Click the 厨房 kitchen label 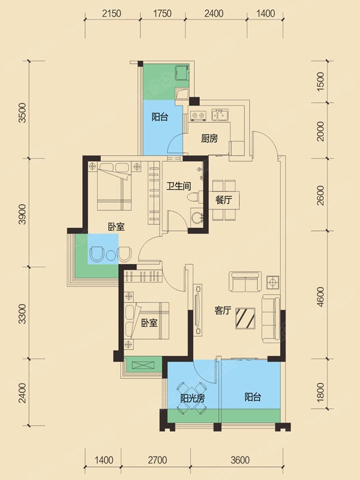click(x=209, y=139)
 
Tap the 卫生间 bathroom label click(x=179, y=186)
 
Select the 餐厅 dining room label click(x=223, y=200)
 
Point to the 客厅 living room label click(x=223, y=311)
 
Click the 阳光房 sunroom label click(x=193, y=398)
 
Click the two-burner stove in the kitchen click(x=198, y=115)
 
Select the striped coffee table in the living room click(x=245, y=318)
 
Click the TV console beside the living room click(x=198, y=310)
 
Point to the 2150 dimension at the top click(x=112, y=13)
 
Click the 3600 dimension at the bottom click(x=240, y=460)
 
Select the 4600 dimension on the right click(x=320, y=296)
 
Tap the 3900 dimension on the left click(x=23, y=214)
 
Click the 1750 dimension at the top click(x=162, y=13)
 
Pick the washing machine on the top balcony click(x=182, y=73)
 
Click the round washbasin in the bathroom click(x=196, y=218)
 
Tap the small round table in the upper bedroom click(x=110, y=254)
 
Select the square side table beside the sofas click(x=272, y=282)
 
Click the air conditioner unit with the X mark click(x=143, y=365)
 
